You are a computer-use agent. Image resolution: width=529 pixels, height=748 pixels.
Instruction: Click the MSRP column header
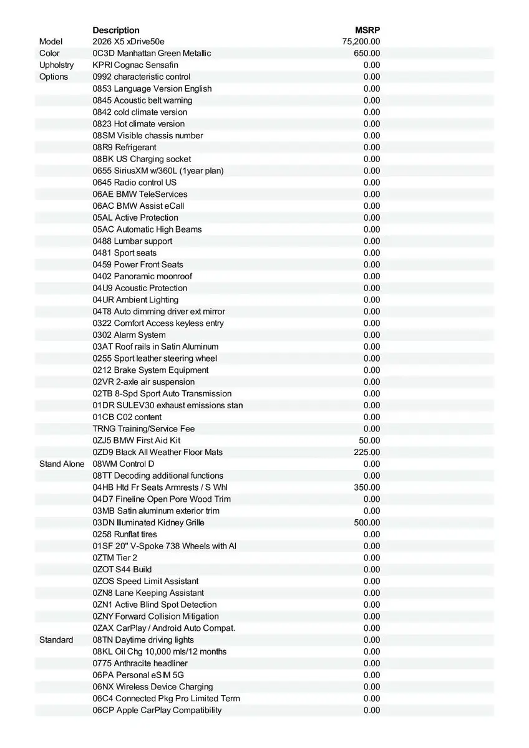coord(367,30)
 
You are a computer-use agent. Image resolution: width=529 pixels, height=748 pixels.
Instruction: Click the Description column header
coord(116,30)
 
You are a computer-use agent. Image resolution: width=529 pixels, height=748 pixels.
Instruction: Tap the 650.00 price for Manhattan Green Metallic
coord(367,54)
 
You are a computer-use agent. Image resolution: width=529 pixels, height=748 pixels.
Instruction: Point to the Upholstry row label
coord(56,65)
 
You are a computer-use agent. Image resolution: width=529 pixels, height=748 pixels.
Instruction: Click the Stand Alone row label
coord(62,464)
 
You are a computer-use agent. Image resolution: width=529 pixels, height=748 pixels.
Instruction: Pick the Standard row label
coord(56,640)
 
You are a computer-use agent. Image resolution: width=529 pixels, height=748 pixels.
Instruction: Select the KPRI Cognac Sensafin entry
coord(135,65)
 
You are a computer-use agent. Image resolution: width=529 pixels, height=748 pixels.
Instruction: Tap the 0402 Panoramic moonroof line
coord(142,276)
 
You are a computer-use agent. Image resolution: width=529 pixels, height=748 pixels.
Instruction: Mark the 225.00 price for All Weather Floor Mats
coord(367,452)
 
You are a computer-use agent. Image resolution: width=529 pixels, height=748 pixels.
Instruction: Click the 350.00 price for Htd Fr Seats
coord(367,487)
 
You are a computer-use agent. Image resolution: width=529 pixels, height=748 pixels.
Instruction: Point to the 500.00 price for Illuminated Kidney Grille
coord(367,522)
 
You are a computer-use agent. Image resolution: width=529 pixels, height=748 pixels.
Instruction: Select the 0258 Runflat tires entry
coord(125,534)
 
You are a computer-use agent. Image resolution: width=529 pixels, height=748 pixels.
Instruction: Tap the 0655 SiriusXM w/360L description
coord(158,171)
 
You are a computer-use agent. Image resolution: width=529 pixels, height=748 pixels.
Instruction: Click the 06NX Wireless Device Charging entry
coord(153,686)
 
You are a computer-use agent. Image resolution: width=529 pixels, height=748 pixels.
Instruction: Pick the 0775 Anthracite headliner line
coord(140,663)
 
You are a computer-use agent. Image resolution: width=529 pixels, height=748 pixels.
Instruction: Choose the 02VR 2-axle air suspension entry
coord(143,381)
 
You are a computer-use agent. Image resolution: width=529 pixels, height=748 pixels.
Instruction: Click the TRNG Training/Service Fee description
coord(143,429)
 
